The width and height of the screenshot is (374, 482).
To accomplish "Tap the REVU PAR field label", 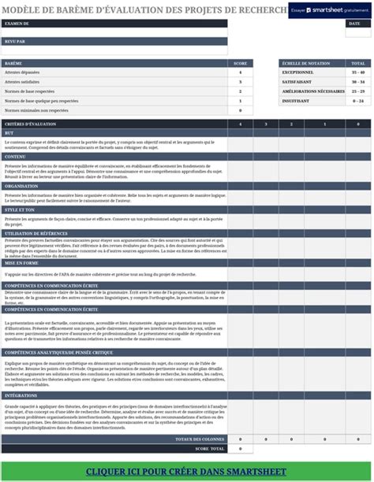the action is [x=14, y=42].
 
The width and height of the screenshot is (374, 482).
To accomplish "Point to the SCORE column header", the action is [x=241, y=63].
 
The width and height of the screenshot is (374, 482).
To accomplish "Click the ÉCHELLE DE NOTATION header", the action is [x=300, y=63].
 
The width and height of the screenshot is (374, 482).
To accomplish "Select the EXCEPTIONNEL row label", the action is [x=297, y=72].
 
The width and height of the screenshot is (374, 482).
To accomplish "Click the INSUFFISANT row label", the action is [x=297, y=101].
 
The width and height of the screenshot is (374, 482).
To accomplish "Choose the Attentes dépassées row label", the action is [x=21, y=72].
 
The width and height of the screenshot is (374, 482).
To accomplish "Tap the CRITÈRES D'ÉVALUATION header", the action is [x=29, y=124].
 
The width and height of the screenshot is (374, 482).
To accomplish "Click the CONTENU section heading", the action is [x=15, y=157].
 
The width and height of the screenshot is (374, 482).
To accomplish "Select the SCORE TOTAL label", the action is [x=209, y=448].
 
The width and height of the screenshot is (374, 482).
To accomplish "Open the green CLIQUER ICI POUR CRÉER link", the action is [x=187, y=472].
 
